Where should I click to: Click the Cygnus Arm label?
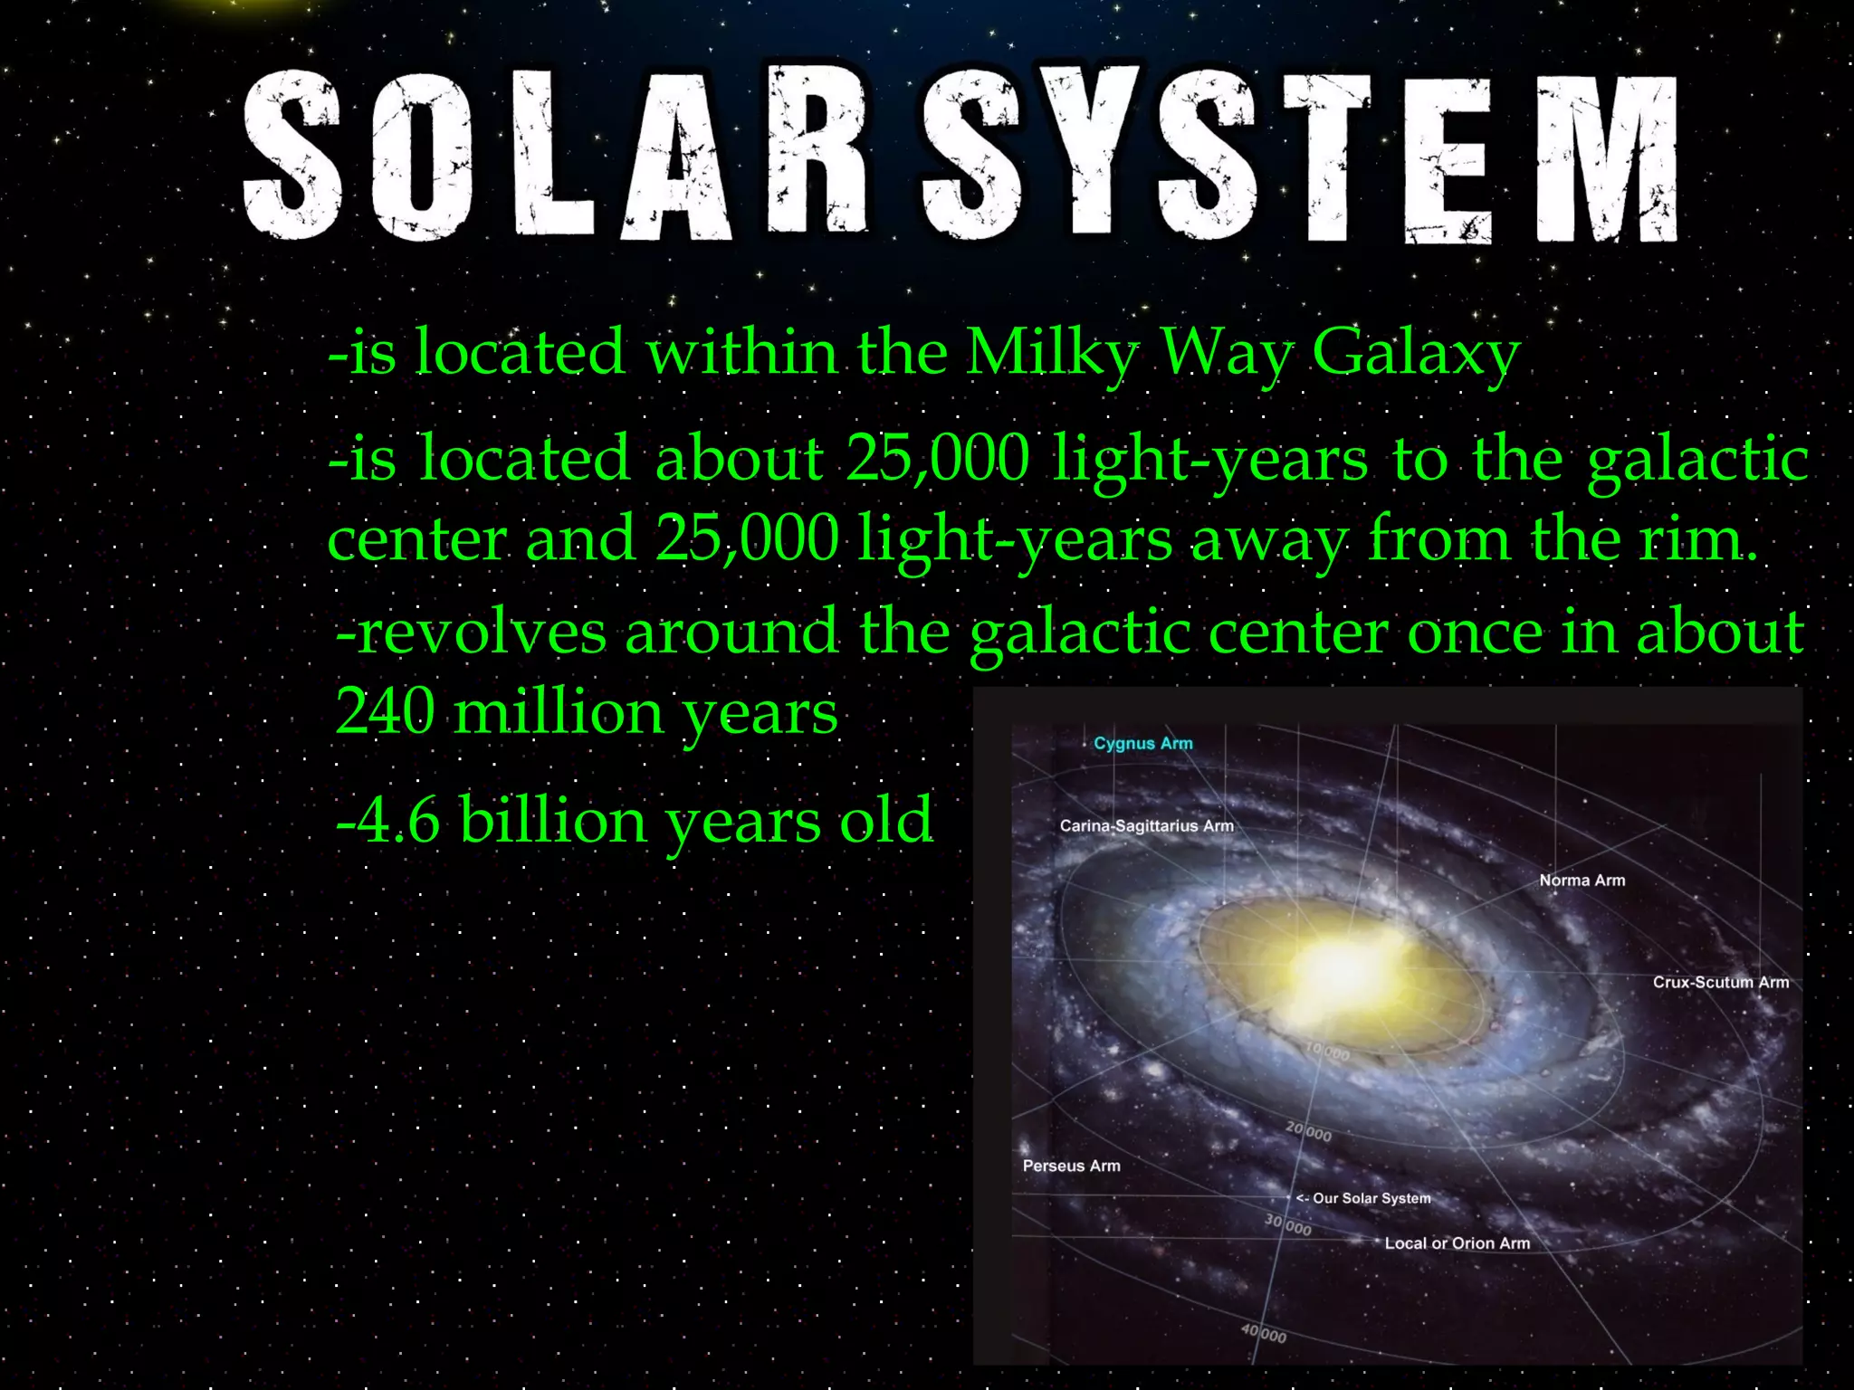[1142, 743]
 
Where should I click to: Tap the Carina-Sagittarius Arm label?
[1146, 825]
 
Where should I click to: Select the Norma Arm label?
[1582, 880]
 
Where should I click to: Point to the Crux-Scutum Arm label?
[1720, 982]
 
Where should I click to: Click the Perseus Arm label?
[1071, 1166]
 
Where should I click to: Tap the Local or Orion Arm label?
[1457, 1243]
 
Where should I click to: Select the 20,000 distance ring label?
[1309, 1131]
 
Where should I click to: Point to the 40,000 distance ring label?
[1264, 1333]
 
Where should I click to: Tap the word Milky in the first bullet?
[1052, 353]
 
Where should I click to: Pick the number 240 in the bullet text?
[385, 712]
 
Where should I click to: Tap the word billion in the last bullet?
[552, 820]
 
